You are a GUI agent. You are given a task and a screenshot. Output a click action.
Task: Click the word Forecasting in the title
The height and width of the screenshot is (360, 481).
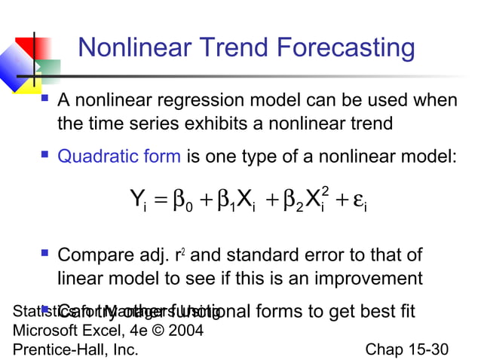[x=347, y=48]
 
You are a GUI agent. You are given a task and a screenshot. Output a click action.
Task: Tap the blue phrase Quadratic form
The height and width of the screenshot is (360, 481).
[x=119, y=157]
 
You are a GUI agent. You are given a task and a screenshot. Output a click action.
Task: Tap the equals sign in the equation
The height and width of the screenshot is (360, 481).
[x=160, y=201]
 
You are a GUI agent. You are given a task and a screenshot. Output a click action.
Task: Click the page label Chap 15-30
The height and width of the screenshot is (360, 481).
[x=406, y=349]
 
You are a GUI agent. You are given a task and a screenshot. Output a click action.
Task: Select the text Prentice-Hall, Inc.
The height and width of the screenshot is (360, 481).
[x=75, y=349]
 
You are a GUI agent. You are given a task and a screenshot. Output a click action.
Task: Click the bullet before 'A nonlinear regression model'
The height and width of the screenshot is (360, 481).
[x=46, y=100]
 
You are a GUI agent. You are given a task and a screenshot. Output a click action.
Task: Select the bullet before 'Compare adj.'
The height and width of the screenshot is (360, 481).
[x=46, y=255]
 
